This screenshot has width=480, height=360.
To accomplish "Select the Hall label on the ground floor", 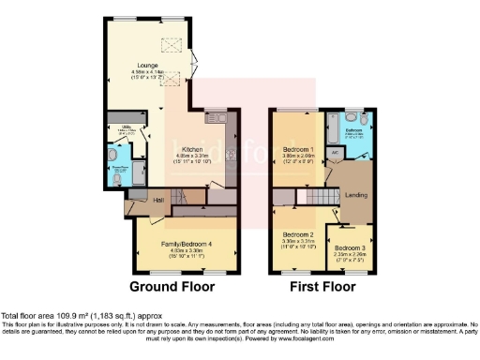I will tap(133, 200).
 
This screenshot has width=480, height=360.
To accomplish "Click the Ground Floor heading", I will tap(172, 286).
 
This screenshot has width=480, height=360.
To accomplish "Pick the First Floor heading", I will tap(322, 286).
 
